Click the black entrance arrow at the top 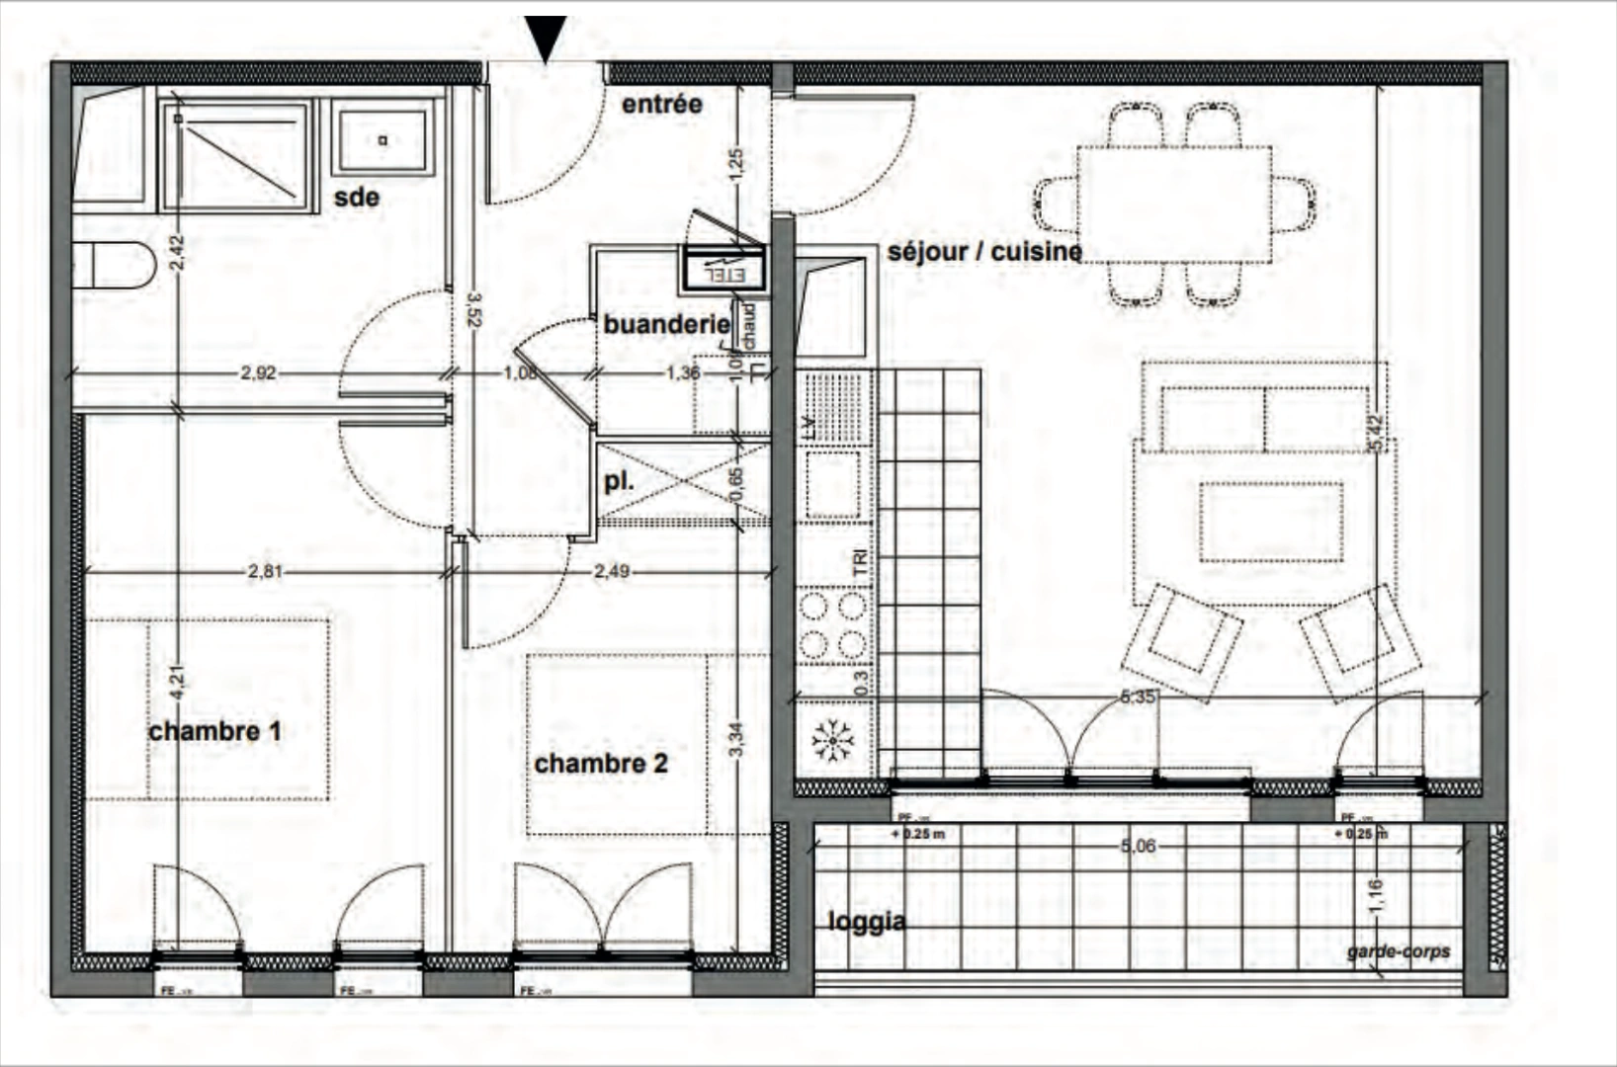[x=546, y=38]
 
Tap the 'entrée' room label [x=661, y=104]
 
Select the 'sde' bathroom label [x=356, y=198]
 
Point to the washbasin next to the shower [x=383, y=140]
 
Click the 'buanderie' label [x=666, y=324]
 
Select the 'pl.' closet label [x=619, y=483]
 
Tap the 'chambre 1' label [x=214, y=732]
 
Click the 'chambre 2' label [x=601, y=764]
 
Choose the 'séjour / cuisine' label [x=984, y=252]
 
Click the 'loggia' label [x=866, y=922]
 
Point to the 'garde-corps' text [x=1398, y=951]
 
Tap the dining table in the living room [x=1174, y=205]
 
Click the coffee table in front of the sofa [x=1271, y=522]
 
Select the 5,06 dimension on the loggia [x=1138, y=847]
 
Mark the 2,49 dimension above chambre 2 [x=612, y=571]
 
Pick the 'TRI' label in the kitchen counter [x=860, y=563]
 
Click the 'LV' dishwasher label [x=808, y=427]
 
